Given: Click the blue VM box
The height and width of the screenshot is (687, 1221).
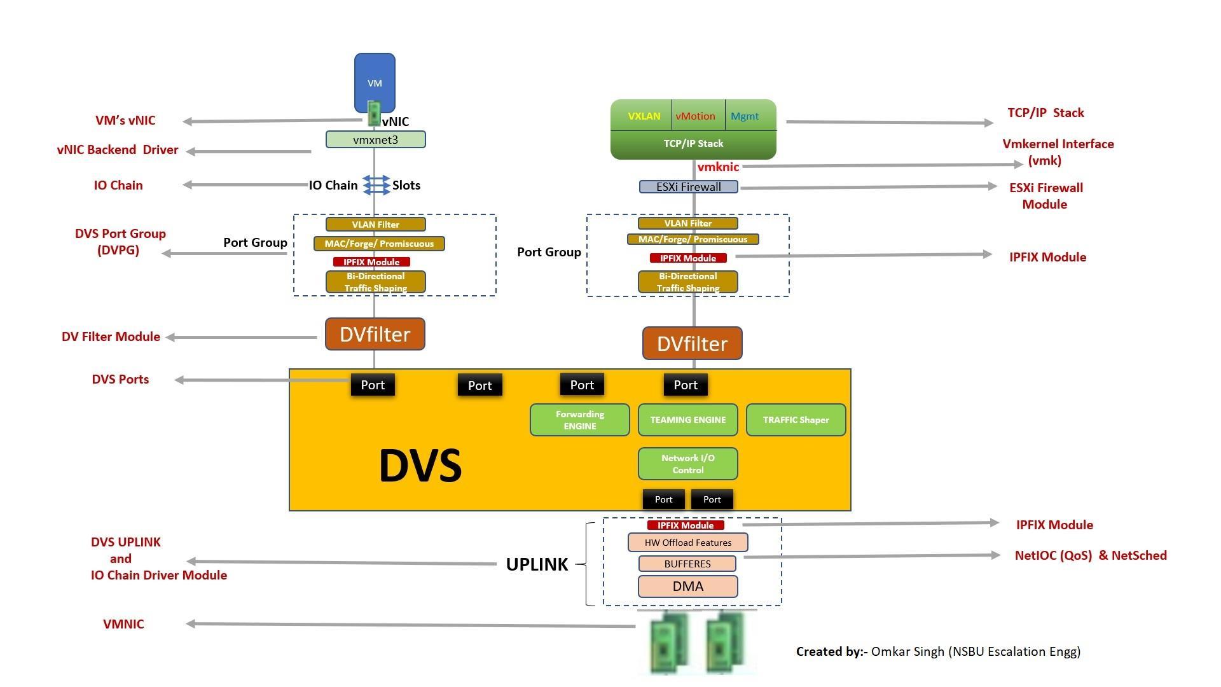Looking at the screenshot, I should (375, 81).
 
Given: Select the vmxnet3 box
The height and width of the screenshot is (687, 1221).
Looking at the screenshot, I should (375, 139).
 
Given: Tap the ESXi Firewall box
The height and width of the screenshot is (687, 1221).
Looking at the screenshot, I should (688, 187).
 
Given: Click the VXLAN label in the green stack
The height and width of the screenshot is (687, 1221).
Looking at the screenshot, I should (644, 116).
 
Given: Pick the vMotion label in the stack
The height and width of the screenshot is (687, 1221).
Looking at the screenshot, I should (695, 116).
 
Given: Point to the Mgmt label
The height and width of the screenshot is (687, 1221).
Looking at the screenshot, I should (745, 116).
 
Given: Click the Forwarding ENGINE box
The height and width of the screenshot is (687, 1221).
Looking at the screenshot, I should (579, 420).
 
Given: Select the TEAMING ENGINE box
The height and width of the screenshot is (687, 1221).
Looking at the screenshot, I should (687, 420).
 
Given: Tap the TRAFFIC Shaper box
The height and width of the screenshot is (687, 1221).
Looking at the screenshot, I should (796, 420).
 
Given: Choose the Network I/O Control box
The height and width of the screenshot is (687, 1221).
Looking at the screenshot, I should (687, 464).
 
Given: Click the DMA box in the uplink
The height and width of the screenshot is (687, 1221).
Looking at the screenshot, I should (687, 586).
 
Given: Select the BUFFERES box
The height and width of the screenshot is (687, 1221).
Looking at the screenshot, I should (687, 564).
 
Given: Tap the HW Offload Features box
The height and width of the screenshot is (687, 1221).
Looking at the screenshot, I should (687, 543).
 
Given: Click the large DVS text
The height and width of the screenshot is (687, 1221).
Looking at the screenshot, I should (420, 466).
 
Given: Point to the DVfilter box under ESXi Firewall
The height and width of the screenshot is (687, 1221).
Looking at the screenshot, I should (692, 343).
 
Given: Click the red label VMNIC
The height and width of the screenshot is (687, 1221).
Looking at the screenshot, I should (123, 624).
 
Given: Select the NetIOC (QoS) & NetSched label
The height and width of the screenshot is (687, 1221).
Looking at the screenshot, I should (1091, 555).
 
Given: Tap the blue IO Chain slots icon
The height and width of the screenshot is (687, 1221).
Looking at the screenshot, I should (376, 185).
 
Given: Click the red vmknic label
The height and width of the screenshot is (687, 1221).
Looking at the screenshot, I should (718, 167).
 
